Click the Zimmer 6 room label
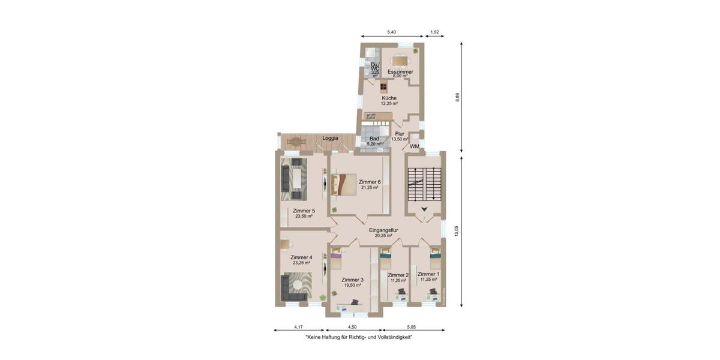click(x=370, y=182)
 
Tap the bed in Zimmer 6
click(x=344, y=184)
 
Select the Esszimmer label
click(x=400, y=71)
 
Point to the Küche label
click(x=389, y=98)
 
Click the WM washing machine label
click(x=415, y=146)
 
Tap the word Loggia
click(x=330, y=138)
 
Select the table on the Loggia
click(x=296, y=142)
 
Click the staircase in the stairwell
click(x=424, y=185)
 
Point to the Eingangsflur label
click(x=384, y=230)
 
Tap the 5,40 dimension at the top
click(x=391, y=32)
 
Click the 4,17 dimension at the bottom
click(x=298, y=327)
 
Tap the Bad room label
click(x=374, y=139)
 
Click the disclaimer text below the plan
click(x=359, y=338)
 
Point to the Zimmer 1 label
click(x=429, y=274)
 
